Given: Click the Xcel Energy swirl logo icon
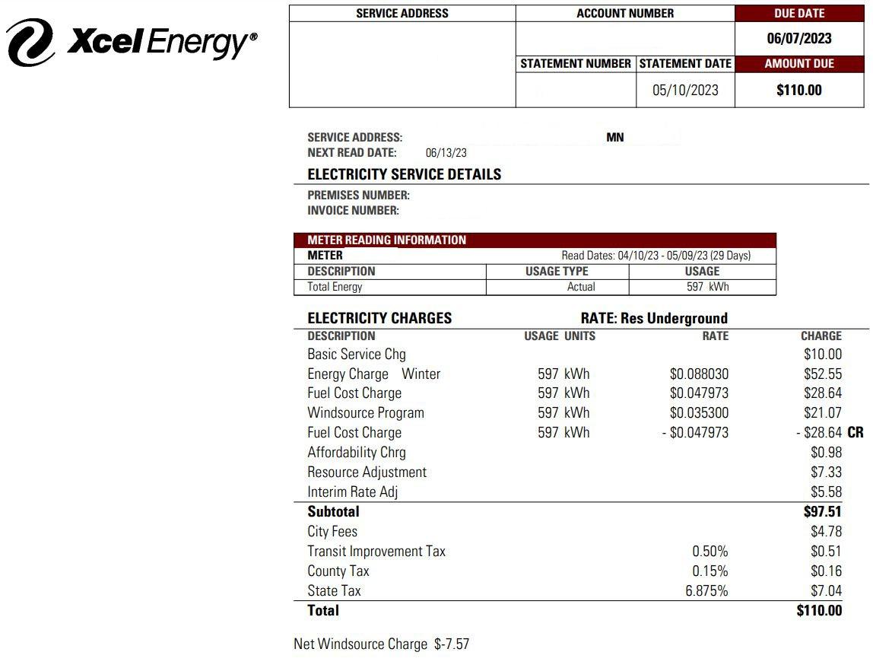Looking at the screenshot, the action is click(30, 42).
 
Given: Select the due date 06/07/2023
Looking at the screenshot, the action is click(799, 39).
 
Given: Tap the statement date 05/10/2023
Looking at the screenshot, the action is click(685, 90).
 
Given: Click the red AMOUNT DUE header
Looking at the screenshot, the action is click(799, 64).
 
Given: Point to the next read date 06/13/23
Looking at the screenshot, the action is click(446, 153).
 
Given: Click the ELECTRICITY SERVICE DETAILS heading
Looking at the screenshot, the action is click(404, 174).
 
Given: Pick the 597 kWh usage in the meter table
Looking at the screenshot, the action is click(706, 287).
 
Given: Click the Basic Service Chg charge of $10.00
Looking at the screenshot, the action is click(823, 355).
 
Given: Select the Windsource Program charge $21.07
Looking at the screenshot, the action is click(823, 413).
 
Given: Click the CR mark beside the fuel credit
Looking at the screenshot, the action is click(855, 433).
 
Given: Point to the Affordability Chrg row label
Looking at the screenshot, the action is click(357, 453).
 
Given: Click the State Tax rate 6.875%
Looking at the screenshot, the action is click(706, 591).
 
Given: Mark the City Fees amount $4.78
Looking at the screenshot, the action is click(826, 532).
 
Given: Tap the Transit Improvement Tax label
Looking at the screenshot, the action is click(376, 552).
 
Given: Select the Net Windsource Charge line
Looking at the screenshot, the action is click(381, 644).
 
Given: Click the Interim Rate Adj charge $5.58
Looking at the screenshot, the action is click(826, 492).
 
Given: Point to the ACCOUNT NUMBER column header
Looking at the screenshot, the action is click(625, 14).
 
